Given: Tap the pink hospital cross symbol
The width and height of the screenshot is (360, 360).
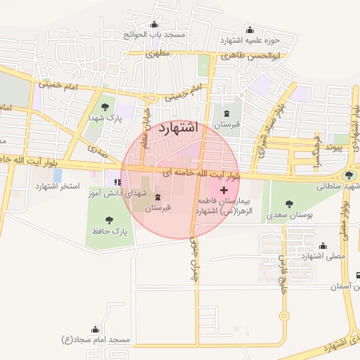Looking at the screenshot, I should pyautogui.click(x=224, y=190).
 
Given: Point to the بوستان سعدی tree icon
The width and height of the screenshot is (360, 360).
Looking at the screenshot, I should pyautogui.click(x=289, y=203).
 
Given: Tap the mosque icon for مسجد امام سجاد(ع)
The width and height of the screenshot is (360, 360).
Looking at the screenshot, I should pyautogui.click(x=96, y=329).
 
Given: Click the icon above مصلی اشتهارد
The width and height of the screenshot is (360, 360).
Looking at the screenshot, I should pyautogui.click(x=323, y=245).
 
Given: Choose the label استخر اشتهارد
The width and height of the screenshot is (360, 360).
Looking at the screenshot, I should pyautogui.click(x=56, y=186).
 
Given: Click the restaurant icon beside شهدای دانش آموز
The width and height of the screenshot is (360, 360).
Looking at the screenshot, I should pyautogui.click(x=113, y=182).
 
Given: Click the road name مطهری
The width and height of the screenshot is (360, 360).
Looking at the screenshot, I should pyautogui.click(x=159, y=53).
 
